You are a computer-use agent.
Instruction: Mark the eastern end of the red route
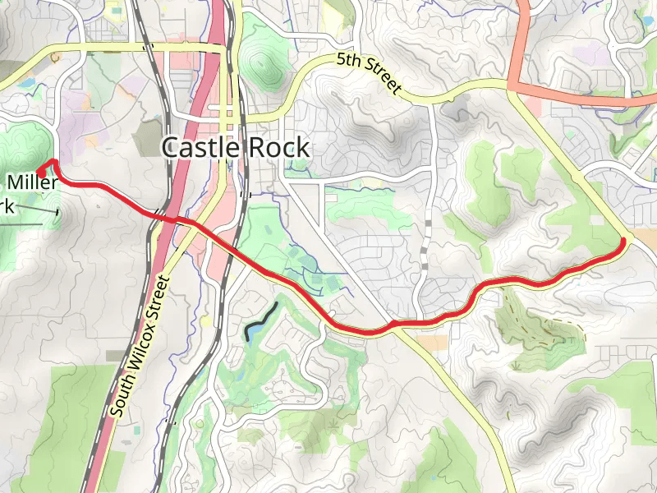(x=623, y=240)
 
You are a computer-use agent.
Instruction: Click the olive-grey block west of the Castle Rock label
(x=148, y=136)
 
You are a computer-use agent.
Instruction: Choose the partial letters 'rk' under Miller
(x=7, y=205)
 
